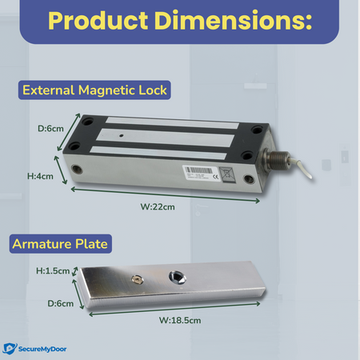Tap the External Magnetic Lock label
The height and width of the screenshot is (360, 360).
(x=95, y=90)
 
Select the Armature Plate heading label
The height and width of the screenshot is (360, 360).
(x=60, y=243)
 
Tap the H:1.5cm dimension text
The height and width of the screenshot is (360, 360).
(x=52, y=270)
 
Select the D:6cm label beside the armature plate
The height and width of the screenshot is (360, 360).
(x=58, y=303)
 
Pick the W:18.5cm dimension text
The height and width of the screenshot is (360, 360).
(x=180, y=320)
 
